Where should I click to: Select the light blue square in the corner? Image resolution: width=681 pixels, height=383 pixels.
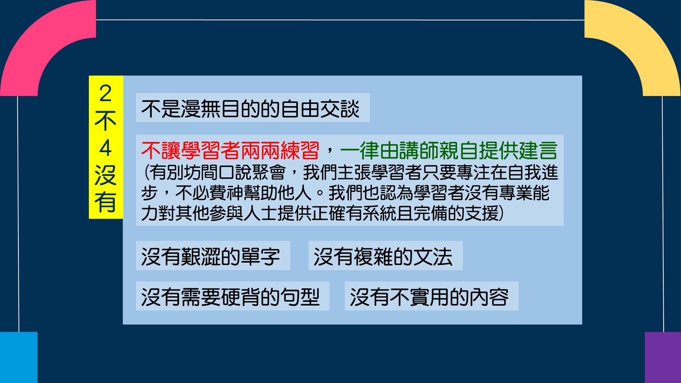point(19,357)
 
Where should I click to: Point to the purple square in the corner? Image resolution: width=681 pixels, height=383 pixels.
point(663,357)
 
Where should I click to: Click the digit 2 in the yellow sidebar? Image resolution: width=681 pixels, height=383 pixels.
point(106,94)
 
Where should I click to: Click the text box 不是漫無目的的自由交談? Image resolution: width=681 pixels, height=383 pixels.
point(253,108)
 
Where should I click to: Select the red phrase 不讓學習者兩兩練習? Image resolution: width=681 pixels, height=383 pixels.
point(231,150)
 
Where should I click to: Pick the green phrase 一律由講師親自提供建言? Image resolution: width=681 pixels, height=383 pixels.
point(448,150)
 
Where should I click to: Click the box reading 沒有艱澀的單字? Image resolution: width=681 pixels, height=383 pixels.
point(213,256)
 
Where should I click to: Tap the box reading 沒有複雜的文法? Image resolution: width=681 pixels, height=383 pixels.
point(385,256)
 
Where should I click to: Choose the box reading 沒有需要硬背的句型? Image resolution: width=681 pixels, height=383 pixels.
point(233,296)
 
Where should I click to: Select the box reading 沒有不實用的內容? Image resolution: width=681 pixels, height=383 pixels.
point(431,296)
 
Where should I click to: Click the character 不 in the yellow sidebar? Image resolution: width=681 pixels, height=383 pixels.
point(106,121)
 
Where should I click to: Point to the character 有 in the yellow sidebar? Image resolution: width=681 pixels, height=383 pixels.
point(106,202)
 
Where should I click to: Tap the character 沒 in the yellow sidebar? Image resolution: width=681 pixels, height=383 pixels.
point(106,175)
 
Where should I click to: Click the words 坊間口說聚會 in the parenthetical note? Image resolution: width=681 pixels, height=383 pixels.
point(235,172)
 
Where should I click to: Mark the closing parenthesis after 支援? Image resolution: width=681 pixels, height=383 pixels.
point(501,213)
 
